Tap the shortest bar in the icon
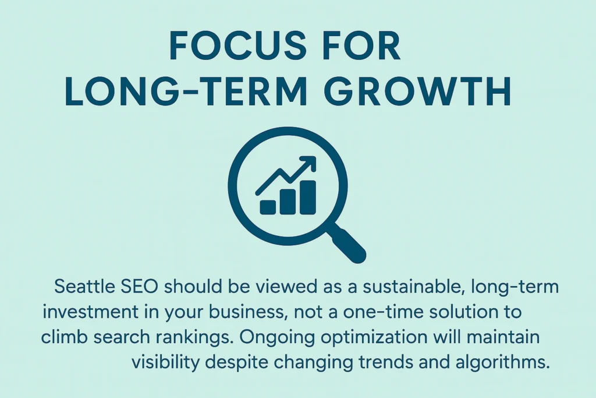[268, 207]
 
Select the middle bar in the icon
[288, 202]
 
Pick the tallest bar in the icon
[308, 197]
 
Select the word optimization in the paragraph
[375, 337]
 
